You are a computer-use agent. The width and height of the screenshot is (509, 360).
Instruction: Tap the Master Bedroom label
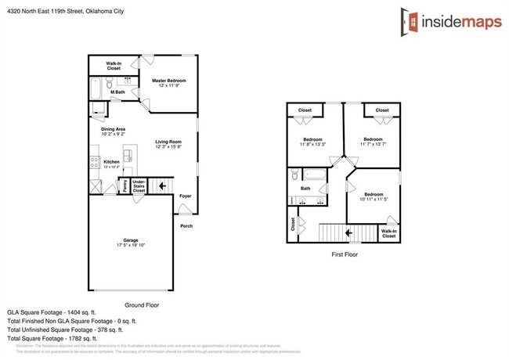169,81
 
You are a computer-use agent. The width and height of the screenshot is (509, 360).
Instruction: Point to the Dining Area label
114,131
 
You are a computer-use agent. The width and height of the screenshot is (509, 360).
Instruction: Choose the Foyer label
186,196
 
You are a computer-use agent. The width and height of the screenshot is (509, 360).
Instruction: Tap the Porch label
186,226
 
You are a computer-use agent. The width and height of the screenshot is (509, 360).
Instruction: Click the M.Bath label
118,93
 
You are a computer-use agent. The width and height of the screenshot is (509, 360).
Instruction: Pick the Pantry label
123,185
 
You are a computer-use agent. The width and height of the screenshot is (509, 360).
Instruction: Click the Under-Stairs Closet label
139,185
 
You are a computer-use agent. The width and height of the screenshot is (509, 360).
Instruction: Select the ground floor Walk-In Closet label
114,66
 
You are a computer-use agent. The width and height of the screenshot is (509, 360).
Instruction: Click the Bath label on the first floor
305,188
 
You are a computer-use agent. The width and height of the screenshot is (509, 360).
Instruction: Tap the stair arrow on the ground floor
163,185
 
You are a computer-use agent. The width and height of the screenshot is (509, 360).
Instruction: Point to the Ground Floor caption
142,304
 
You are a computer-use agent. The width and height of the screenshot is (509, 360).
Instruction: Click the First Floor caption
344,255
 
